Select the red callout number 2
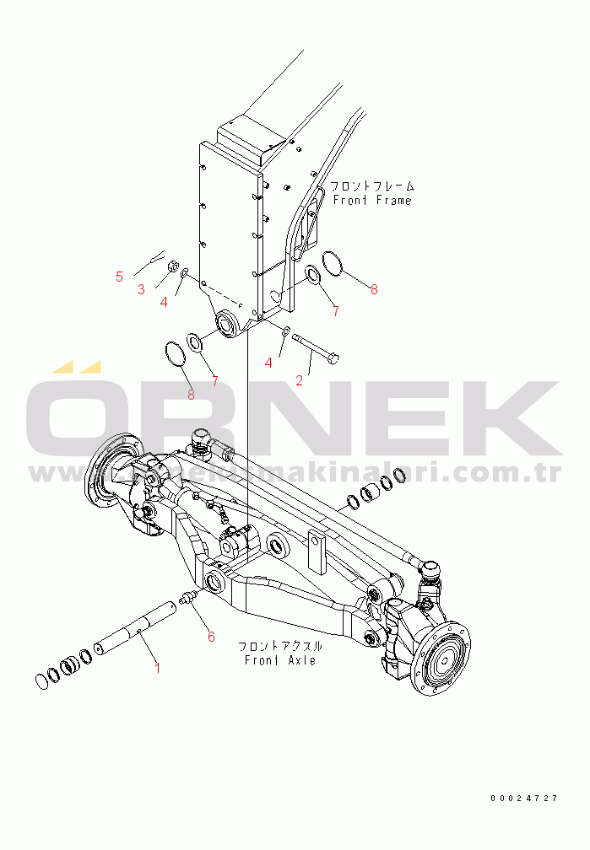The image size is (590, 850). pos(299,379)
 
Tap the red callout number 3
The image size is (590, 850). pos(141,289)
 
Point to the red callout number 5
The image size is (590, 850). pos(119,276)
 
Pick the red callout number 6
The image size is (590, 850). pos(211,637)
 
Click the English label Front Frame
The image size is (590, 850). pos(372,201)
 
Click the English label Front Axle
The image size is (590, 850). pos(280,659)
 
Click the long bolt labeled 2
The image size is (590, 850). pos(315,349)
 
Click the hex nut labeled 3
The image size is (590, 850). pos(170,266)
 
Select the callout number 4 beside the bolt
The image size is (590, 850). pos(269,362)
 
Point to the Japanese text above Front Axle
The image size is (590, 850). pos(280,646)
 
